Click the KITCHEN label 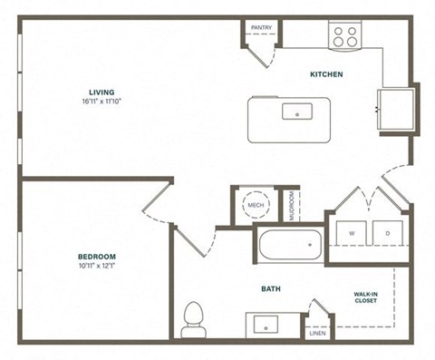[326, 74]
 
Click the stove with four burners [344, 36]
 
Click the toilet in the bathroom [191, 317]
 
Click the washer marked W [350, 233]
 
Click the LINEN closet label [317, 333]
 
